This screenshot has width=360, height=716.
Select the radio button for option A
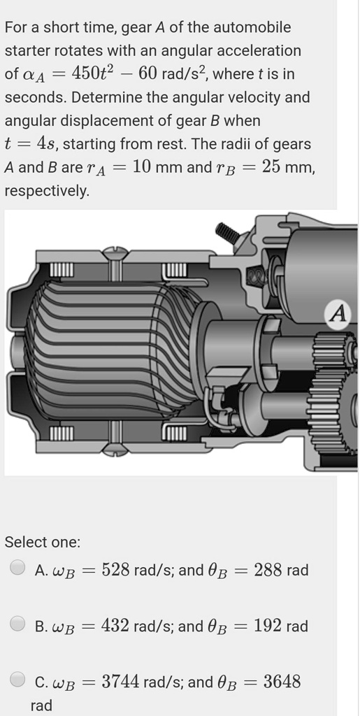[x=18, y=569]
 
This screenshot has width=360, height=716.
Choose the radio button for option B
[x=18, y=625]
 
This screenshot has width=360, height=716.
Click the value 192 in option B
[x=267, y=626]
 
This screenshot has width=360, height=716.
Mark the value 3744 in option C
[x=121, y=682]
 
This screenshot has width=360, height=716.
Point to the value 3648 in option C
[x=282, y=682]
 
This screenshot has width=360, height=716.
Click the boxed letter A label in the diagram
[x=338, y=315]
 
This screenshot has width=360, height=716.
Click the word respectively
[x=47, y=191]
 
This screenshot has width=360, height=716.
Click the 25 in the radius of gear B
[x=273, y=167]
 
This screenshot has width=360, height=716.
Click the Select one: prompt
[x=43, y=542]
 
